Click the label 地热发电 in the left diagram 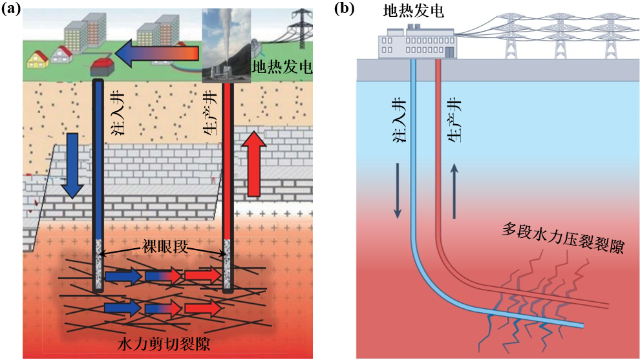pos(282,67)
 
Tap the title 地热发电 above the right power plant pos(414,11)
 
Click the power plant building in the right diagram pos(418,43)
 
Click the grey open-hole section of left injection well pos(98,265)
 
